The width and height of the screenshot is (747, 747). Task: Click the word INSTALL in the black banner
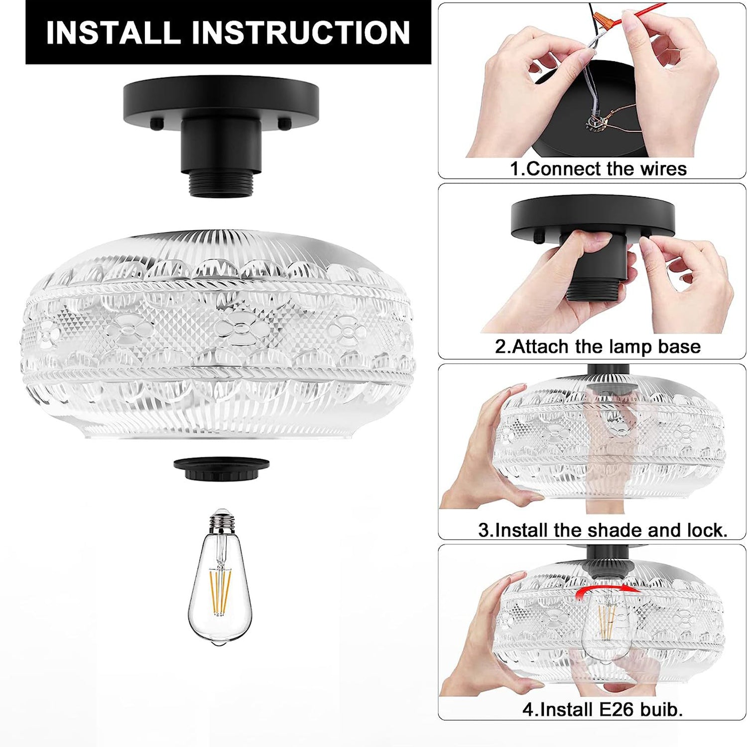click(x=113, y=33)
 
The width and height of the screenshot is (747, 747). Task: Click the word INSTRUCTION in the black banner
click(x=301, y=33)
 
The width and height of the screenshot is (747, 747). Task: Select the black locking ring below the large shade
click(x=222, y=469)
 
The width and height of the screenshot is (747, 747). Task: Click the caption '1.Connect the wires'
click(x=598, y=169)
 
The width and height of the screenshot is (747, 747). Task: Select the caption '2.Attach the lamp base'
click(x=598, y=346)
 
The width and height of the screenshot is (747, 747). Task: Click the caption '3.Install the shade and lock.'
click(x=603, y=530)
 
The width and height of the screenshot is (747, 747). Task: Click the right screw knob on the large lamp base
click(x=284, y=123)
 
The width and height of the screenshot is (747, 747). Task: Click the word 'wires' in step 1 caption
click(x=663, y=169)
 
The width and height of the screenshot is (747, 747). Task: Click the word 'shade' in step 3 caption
click(x=615, y=530)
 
